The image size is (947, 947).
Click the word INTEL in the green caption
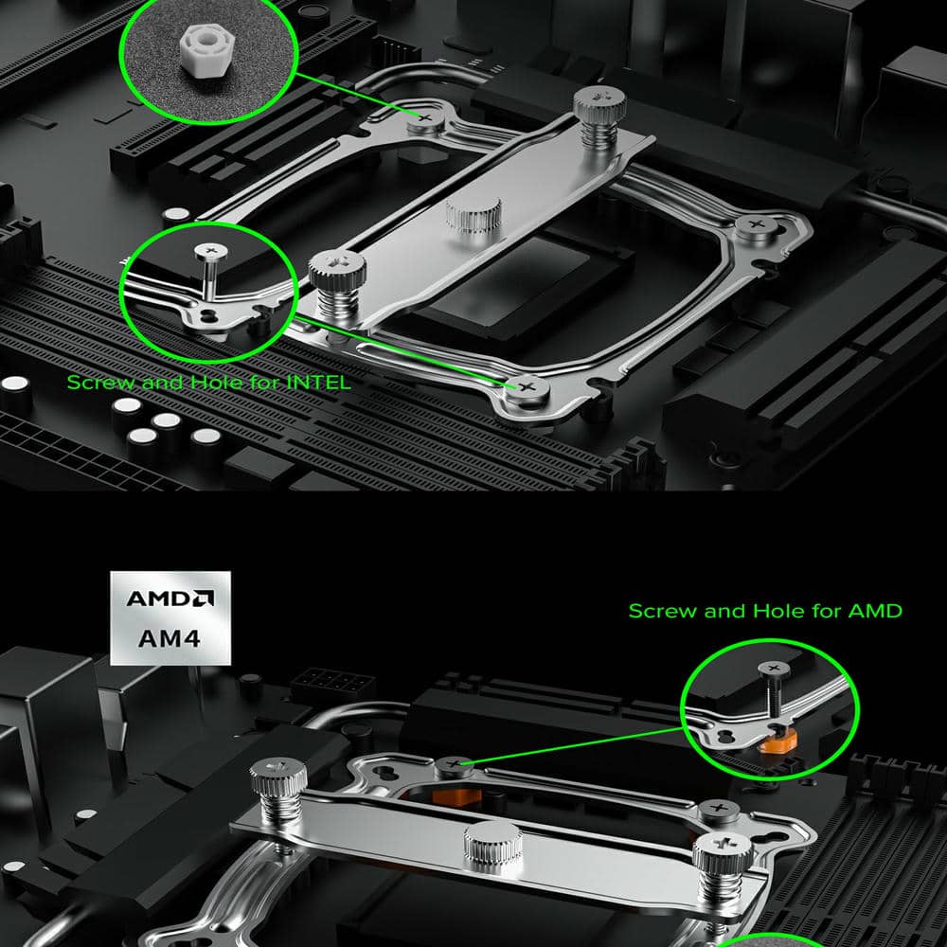click(318, 383)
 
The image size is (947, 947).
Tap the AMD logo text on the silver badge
click(170, 598)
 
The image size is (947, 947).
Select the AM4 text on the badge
click(170, 638)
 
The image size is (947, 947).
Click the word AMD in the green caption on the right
click(875, 611)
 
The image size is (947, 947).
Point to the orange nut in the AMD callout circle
click(777, 740)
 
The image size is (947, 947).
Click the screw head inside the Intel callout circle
click(211, 251)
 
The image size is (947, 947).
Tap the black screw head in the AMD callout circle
click(774, 669)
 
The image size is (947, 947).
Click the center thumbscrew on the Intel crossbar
click(474, 216)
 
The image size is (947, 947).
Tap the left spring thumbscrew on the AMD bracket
click(278, 790)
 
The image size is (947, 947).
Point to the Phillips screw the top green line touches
click(425, 119)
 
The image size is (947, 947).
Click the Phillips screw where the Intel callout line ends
click(527, 387)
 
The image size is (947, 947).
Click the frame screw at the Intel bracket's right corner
click(757, 227)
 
